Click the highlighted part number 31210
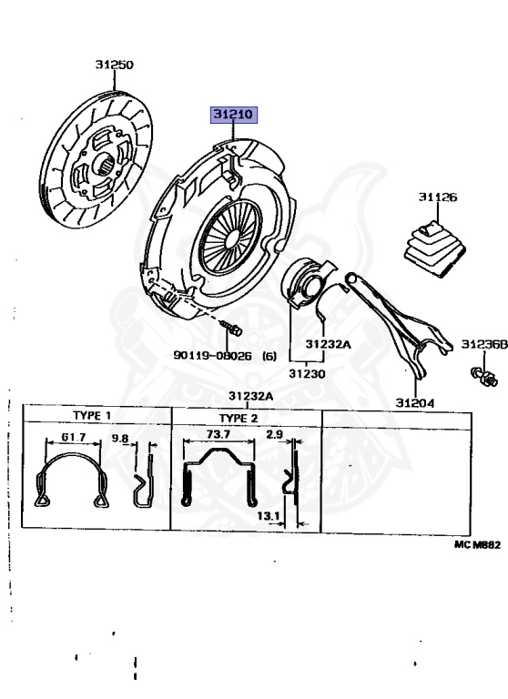click(234, 115)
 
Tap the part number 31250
click(114, 65)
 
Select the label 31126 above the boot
click(438, 197)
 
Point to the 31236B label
click(484, 344)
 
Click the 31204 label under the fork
click(415, 403)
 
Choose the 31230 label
click(307, 373)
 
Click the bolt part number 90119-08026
click(212, 355)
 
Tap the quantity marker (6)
click(269, 356)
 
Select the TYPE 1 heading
click(92, 415)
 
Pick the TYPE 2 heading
click(239, 418)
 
